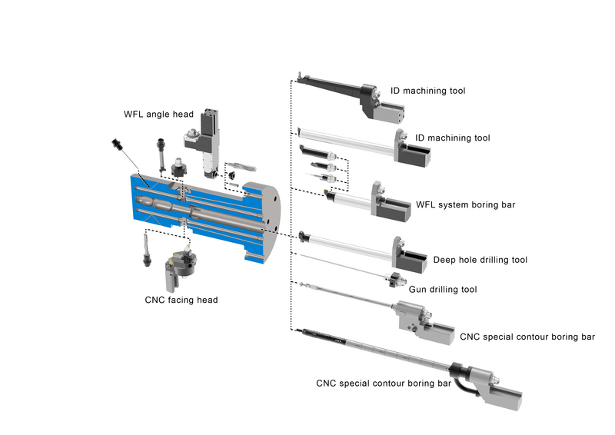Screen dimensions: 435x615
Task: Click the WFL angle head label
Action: point(158,115)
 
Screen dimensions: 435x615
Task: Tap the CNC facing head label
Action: point(181,299)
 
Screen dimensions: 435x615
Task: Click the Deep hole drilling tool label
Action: point(480,260)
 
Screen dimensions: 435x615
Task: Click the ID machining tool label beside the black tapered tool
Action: point(428,91)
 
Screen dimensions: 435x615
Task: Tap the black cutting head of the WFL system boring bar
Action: point(331,196)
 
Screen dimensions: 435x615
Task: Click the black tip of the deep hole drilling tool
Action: point(304,234)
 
